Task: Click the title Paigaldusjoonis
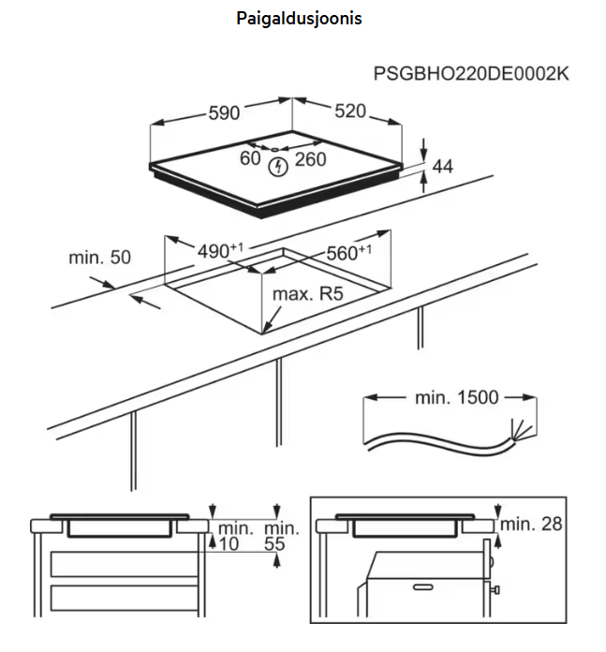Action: tap(299, 18)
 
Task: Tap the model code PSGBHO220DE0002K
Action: tap(470, 74)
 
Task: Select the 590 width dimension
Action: tap(224, 113)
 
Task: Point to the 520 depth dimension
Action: tap(349, 111)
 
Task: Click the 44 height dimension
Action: tap(442, 167)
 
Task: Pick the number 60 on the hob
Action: tap(249, 159)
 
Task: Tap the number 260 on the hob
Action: tap(310, 159)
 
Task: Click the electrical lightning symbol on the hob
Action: tap(277, 168)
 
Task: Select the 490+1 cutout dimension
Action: tap(219, 251)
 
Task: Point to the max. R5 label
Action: tap(308, 294)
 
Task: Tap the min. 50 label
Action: tap(99, 257)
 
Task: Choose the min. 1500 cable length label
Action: tap(456, 397)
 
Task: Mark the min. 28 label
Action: tap(531, 524)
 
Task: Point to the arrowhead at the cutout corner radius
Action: tap(267, 330)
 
